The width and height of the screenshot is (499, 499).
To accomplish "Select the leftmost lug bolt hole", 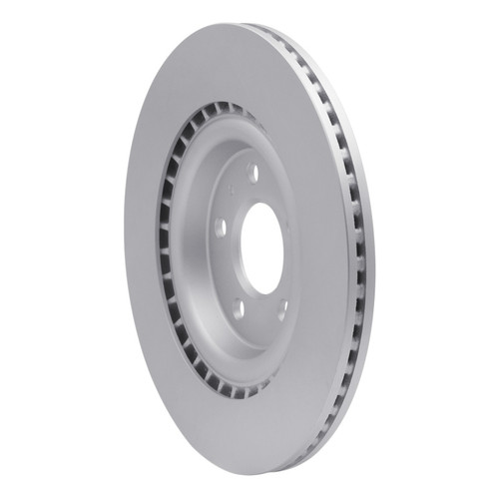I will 220,228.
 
